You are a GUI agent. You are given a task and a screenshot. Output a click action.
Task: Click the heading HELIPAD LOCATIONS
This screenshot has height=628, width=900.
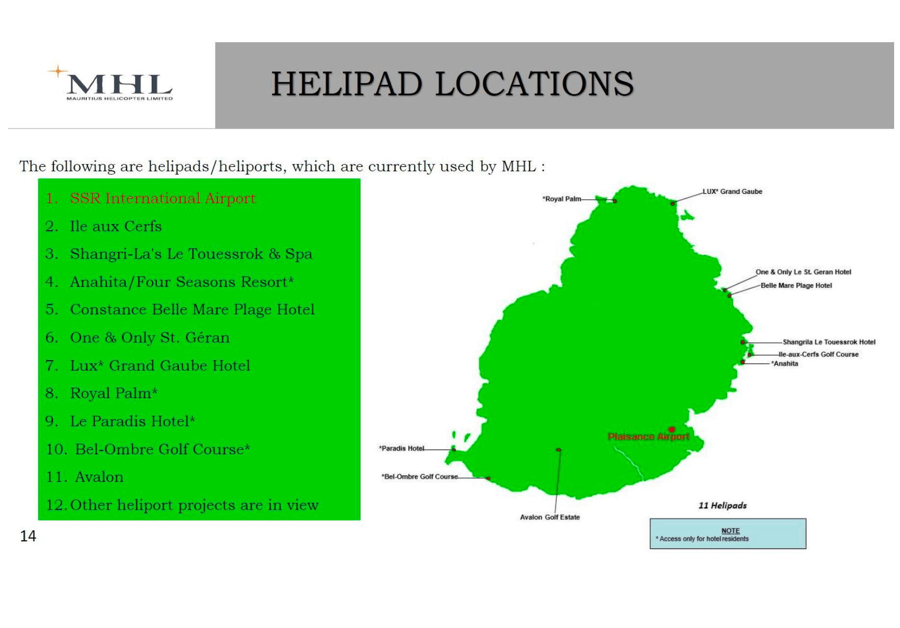point(452,84)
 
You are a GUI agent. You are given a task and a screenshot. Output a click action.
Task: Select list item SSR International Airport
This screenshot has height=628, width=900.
point(151,198)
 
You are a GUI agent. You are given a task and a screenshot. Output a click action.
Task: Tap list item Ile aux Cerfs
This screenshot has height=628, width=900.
point(104,226)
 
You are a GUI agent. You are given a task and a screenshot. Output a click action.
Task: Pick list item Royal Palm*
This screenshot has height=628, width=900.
point(102,393)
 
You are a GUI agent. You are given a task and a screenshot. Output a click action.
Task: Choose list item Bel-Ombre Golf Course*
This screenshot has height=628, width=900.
point(148,449)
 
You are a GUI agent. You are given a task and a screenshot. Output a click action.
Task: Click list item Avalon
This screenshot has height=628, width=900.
point(84,477)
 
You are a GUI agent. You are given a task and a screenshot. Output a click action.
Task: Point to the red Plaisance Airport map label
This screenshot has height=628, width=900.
point(648,437)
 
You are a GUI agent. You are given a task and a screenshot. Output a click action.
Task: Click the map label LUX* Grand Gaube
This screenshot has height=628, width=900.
point(732,191)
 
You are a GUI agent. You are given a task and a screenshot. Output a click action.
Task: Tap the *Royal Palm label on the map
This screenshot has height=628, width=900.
point(561,199)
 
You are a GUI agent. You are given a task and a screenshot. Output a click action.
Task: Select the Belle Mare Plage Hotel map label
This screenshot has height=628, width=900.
point(796,286)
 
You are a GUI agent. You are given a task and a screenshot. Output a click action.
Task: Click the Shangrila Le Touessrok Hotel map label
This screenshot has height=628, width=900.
point(829,342)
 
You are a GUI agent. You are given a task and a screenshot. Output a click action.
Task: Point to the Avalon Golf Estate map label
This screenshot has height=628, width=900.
point(550,517)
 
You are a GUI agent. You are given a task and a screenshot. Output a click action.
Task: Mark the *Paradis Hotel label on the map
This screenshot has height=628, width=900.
point(401,448)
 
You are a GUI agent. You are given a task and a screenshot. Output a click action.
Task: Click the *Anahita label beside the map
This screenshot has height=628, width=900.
point(785,364)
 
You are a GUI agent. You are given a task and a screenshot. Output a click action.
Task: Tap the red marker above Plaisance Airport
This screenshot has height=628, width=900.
point(672,430)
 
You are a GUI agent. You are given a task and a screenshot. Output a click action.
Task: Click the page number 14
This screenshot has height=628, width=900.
point(28,536)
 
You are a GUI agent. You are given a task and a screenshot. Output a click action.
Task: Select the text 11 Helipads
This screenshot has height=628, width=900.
point(722,505)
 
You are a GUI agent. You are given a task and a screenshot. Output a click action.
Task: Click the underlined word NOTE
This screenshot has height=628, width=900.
point(730,530)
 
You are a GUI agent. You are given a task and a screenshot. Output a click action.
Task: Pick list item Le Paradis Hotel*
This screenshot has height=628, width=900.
point(120,421)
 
